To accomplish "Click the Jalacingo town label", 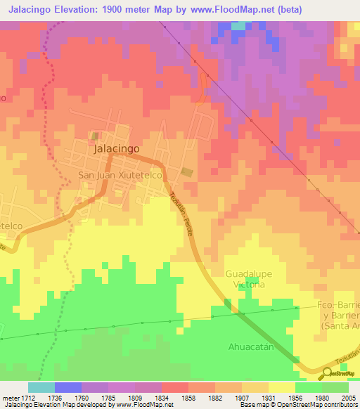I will click(x=116, y=150).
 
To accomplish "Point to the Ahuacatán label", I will click(x=248, y=346).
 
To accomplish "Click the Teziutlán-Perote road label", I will click(x=181, y=215).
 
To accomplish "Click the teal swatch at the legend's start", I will click(x=41, y=387).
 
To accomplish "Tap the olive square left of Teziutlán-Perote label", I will click(x=186, y=172).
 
